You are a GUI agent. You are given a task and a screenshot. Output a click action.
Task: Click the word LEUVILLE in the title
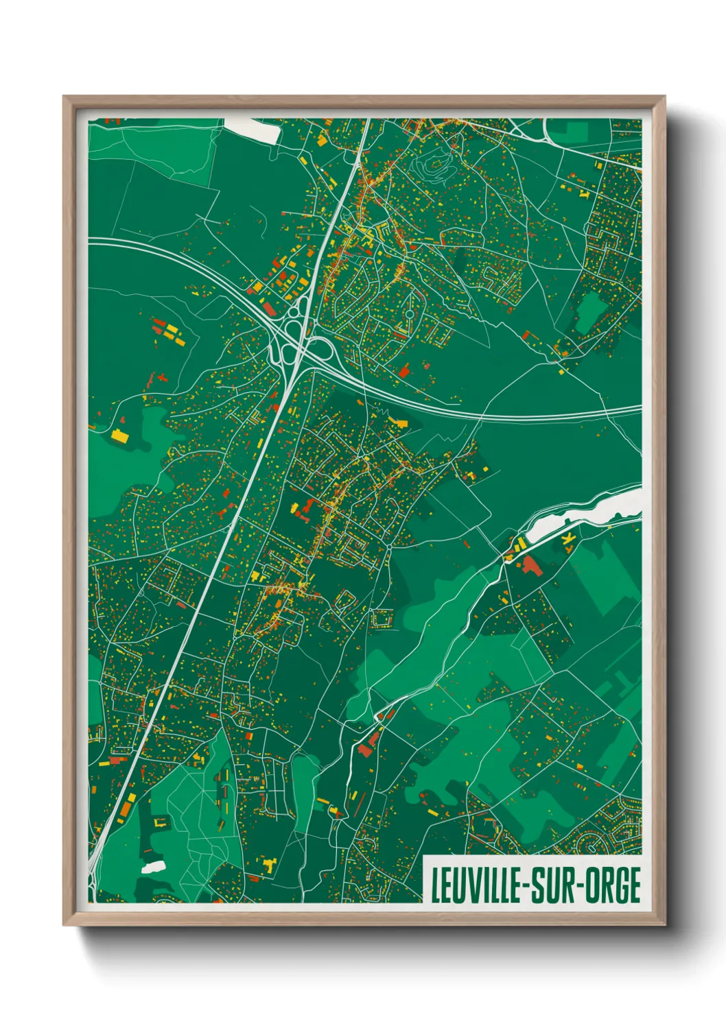(474, 885)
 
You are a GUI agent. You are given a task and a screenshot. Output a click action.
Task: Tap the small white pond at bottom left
(153, 867)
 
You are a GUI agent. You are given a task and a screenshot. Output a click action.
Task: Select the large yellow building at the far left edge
(119, 435)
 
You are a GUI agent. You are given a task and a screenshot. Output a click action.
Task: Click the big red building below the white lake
(530, 566)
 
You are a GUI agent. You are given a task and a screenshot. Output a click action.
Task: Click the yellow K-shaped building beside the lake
(567, 540)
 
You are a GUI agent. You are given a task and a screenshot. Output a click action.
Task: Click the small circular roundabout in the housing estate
(409, 314)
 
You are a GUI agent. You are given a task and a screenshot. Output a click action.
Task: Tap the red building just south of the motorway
(403, 371)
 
